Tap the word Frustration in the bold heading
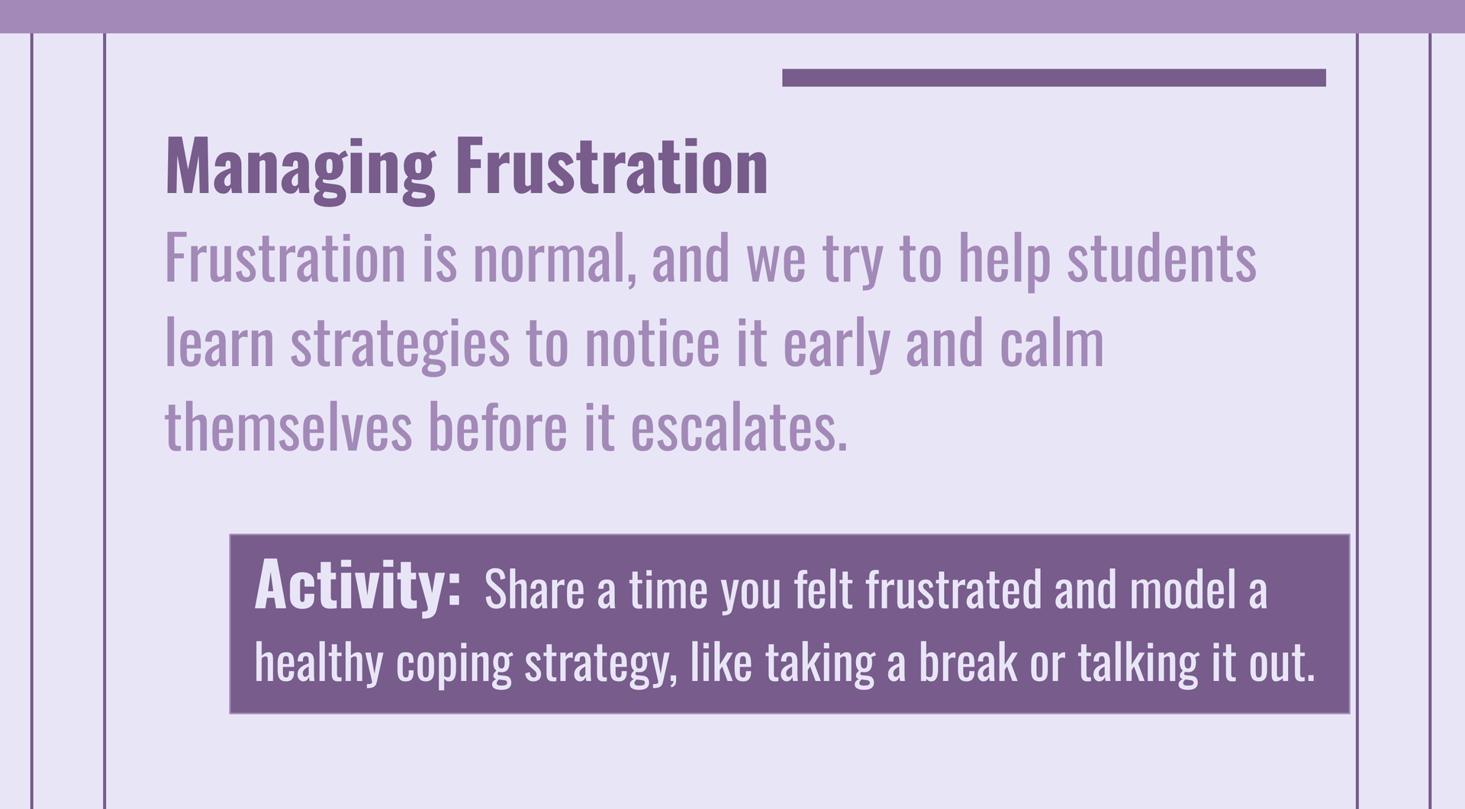click(x=612, y=166)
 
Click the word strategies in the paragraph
click(x=400, y=345)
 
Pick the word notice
click(x=652, y=343)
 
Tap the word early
click(x=836, y=345)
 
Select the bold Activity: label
click(x=357, y=585)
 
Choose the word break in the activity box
click(x=968, y=663)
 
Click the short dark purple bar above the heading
click(x=1054, y=78)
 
